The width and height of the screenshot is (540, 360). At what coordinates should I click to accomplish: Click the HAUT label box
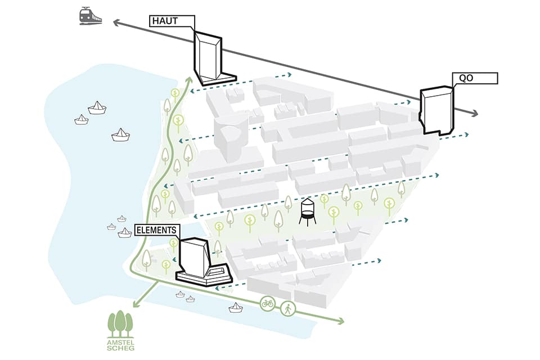pyautogui.click(x=172, y=21)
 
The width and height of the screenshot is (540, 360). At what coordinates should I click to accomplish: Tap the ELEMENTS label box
pyautogui.click(x=157, y=230)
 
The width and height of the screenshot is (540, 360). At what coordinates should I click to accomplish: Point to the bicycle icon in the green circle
pyautogui.click(x=268, y=303)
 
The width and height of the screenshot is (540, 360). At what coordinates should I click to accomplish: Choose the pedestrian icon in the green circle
pyautogui.click(x=288, y=309)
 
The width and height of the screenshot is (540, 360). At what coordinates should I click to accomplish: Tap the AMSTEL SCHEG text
pyautogui.click(x=120, y=344)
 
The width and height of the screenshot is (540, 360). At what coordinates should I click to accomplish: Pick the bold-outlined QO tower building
pyautogui.click(x=436, y=111)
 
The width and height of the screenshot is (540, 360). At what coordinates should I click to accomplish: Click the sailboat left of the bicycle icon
pyautogui.click(x=236, y=307)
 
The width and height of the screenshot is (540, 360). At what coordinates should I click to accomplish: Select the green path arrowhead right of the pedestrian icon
pyautogui.click(x=340, y=322)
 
